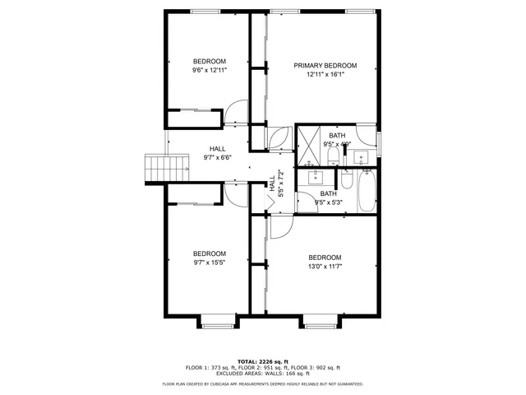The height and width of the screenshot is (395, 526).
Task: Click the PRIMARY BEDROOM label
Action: (x=325, y=66)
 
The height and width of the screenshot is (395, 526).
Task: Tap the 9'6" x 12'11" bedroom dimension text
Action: (x=210, y=71)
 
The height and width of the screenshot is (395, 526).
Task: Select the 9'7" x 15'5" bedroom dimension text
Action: (x=210, y=263)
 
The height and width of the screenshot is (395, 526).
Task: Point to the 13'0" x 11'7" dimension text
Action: (x=325, y=267)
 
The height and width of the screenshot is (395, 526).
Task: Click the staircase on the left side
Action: (x=155, y=168)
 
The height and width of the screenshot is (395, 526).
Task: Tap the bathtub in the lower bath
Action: (x=366, y=190)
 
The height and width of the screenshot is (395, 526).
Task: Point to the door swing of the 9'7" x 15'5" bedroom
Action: (x=233, y=193)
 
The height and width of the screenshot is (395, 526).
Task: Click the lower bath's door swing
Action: (x=306, y=197)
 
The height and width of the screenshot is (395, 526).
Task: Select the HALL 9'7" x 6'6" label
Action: (x=217, y=153)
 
